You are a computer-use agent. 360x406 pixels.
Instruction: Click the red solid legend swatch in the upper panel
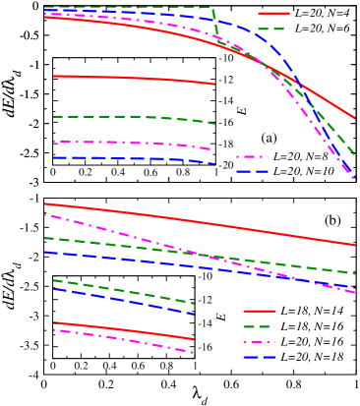(x=273, y=14)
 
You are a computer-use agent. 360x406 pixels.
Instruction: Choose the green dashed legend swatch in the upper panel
(x=273, y=29)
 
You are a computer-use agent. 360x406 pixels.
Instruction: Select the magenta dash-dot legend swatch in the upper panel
(x=252, y=156)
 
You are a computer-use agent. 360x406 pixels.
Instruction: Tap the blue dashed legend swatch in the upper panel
(x=252, y=172)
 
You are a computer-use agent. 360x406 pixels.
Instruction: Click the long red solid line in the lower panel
(x=197, y=222)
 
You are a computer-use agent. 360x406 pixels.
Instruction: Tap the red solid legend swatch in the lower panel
(x=260, y=311)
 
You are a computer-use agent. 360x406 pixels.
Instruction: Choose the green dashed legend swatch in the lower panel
(x=260, y=326)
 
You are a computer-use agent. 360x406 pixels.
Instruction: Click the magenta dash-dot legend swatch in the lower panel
(x=260, y=342)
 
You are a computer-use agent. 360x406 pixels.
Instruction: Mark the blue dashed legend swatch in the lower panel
(x=260, y=358)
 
